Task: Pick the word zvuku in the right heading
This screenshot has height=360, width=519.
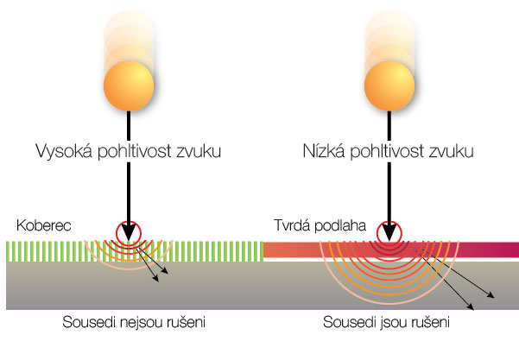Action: pyautogui.click(x=453, y=152)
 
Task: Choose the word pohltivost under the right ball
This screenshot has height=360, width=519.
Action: pyautogui.click(x=391, y=152)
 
